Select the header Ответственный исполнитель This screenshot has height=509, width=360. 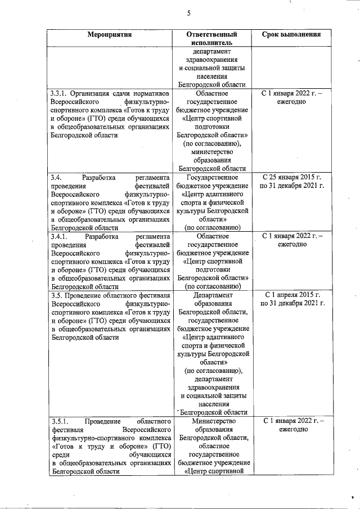210,38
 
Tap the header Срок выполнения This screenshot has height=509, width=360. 291,34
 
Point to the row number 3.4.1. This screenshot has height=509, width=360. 60,236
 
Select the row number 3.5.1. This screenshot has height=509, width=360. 59,421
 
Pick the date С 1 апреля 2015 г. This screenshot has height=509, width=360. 291,294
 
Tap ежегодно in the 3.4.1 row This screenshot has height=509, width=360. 291,245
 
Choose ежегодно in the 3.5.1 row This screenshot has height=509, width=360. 291,429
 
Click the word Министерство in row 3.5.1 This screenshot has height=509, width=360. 211,421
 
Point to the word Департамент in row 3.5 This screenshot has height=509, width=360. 211,294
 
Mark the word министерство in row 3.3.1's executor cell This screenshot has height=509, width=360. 211,151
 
